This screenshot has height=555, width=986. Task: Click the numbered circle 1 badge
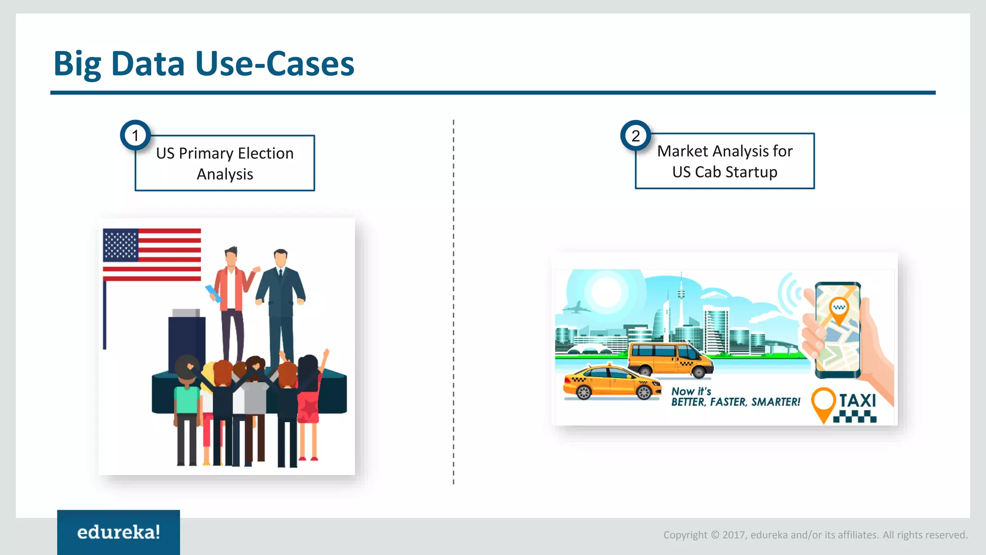click(135, 135)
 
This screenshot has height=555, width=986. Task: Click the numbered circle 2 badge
click(636, 135)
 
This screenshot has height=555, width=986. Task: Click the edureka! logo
click(118, 532)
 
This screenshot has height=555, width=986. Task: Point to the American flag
click(152, 254)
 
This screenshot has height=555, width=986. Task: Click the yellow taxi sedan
click(611, 383)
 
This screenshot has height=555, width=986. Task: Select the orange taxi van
click(669, 359)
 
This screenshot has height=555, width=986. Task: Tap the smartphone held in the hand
click(838, 330)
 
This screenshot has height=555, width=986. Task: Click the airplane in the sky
click(576, 307)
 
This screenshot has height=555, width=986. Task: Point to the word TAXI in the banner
click(857, 400)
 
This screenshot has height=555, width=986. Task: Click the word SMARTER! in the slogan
click(776, 402)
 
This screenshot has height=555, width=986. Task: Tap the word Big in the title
click(77, 65)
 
